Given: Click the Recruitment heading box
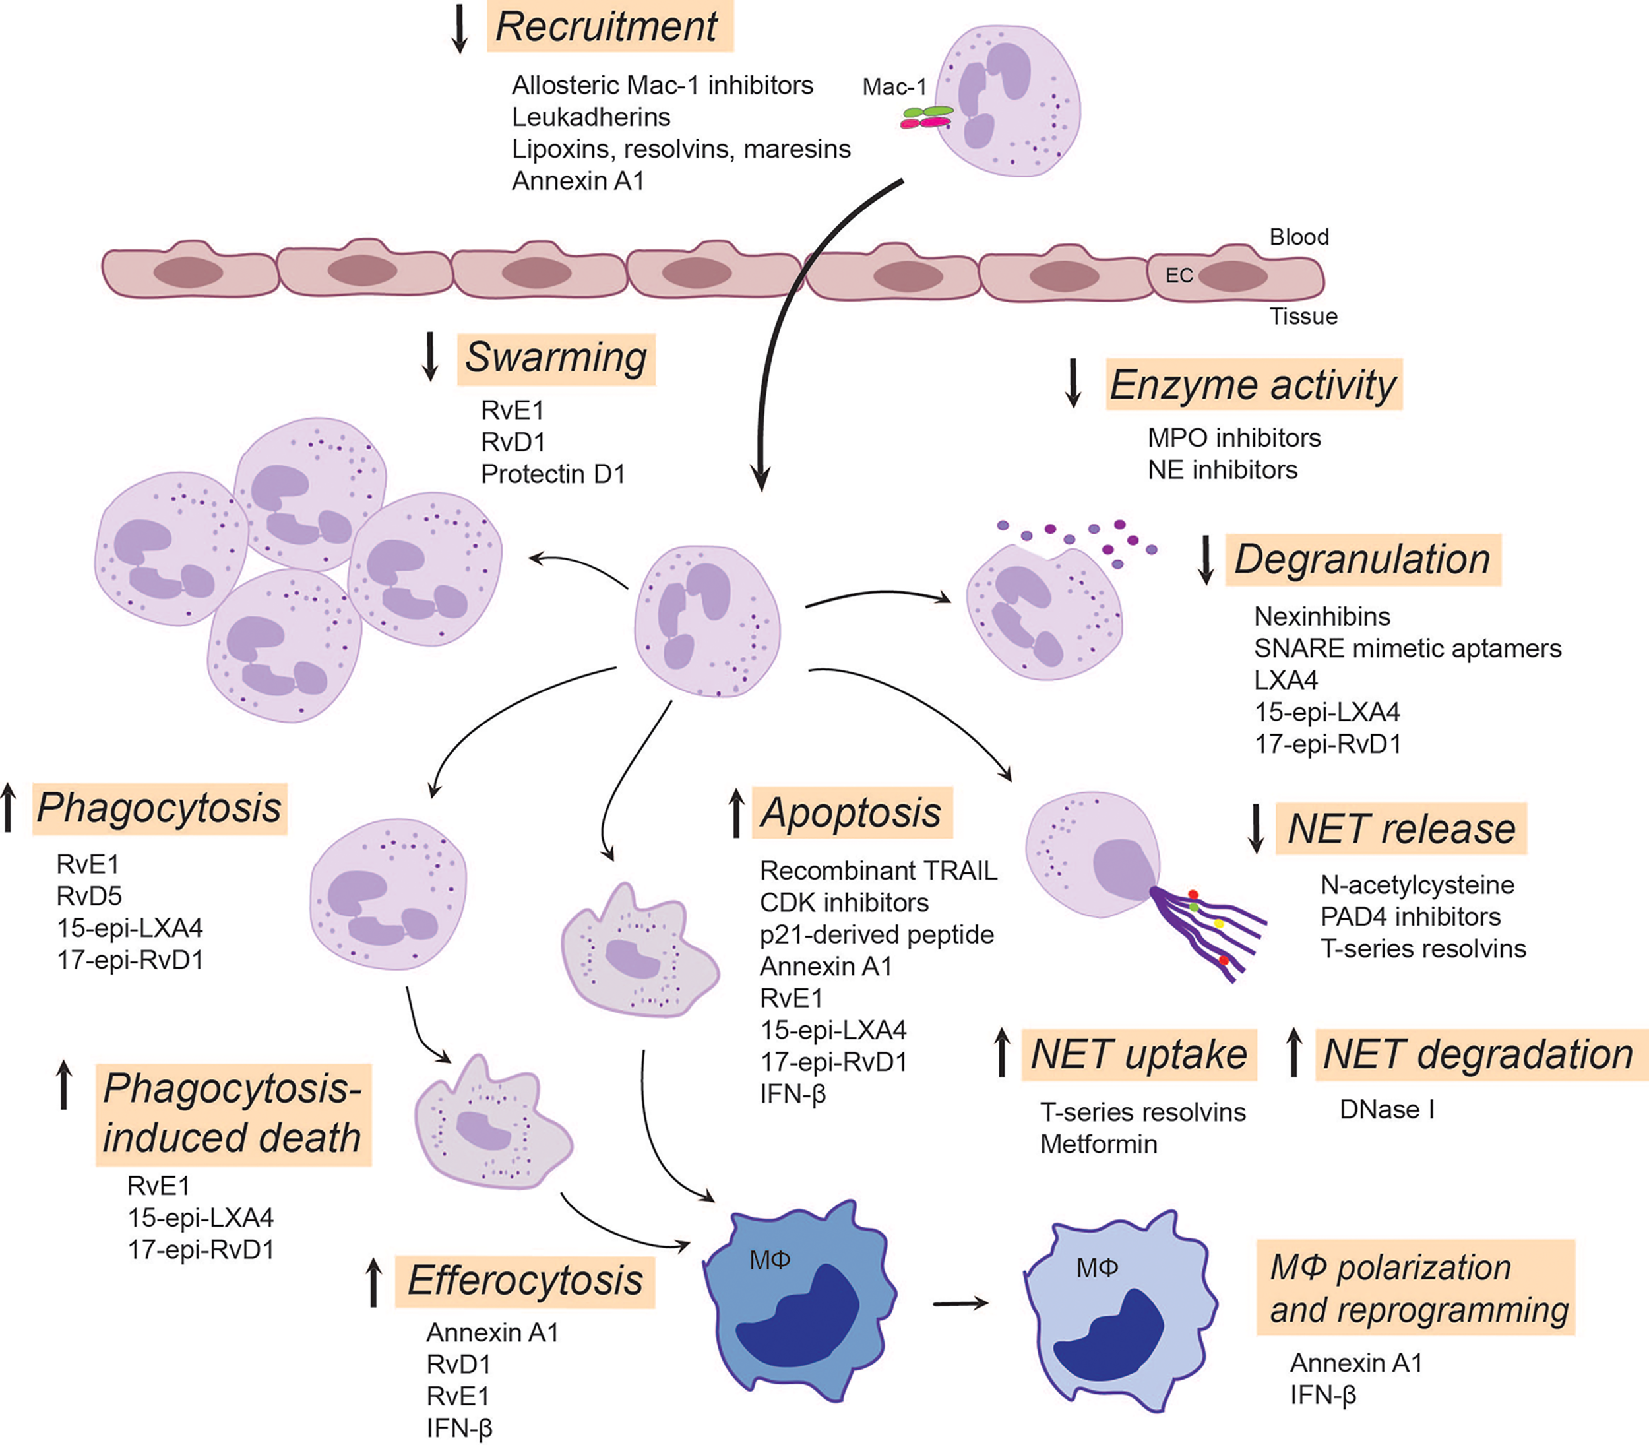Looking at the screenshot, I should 609,26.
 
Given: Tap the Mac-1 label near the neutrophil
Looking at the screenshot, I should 893,86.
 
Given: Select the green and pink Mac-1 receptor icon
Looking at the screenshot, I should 927,117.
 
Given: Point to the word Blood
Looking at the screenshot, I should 1298,237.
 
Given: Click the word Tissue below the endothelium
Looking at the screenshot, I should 1303,316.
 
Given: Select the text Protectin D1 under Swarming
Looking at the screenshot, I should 553,474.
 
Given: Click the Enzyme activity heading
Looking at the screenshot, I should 1253,385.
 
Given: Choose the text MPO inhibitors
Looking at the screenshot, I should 1234,438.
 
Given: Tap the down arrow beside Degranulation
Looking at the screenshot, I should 1206,560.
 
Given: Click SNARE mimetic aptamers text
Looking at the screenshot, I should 1407,649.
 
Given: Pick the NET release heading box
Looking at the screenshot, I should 1401,829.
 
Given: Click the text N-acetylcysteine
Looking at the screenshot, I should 1417,885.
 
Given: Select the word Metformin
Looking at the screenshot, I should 1098,1143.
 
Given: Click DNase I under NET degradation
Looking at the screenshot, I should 1386,1110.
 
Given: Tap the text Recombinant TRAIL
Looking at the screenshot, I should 878,871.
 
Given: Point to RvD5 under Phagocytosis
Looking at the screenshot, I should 88,896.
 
